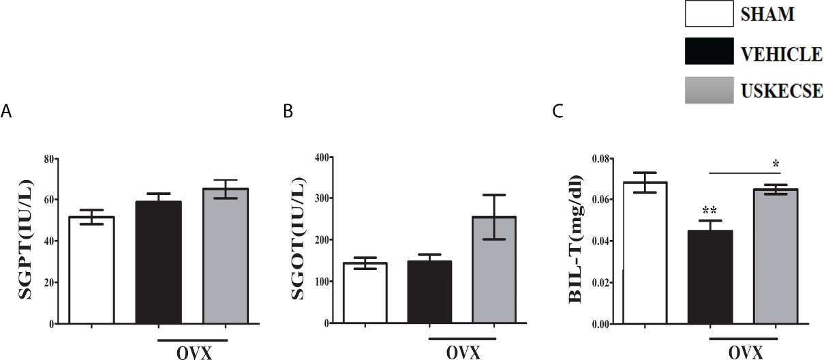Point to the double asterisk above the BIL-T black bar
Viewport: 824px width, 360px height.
(708, 210)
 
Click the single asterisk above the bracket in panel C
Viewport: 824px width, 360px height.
(776, 163)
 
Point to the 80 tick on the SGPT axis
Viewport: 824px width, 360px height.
(47, 159)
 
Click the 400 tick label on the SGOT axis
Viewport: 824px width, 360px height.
(319, 157)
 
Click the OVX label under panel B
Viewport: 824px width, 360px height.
(463, 353)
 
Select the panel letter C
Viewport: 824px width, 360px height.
(558, 112)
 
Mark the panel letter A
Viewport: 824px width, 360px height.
(6, 112)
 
